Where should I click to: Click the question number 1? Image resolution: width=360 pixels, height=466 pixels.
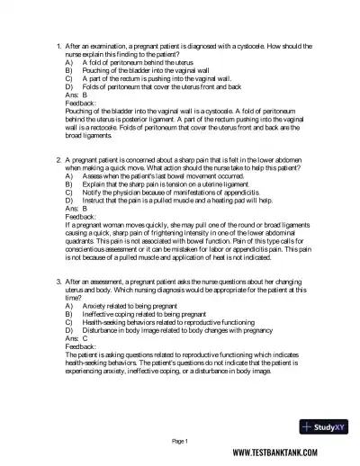pos(58,44)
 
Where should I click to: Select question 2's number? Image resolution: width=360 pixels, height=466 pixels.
pos(58,159)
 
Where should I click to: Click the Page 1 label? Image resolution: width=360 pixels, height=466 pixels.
pos(179,441)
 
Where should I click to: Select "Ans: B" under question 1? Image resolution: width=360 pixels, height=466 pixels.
pos(77,94)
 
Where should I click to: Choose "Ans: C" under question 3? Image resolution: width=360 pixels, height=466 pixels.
pos(77,339)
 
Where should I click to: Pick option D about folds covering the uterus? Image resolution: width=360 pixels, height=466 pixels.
pos(162,85)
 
